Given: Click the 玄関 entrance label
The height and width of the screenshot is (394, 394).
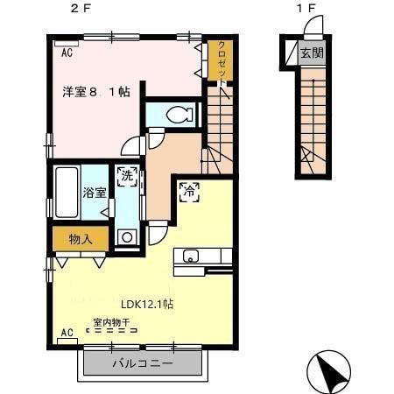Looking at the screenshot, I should pyautogui.click(x=312, y=53).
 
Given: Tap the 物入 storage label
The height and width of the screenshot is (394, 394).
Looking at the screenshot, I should pyautogui.click(x=80, y=237).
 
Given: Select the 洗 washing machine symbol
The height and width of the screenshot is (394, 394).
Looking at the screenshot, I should pyautogui.click(x=128, y=176).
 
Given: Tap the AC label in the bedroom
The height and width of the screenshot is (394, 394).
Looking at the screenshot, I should pyautogui.click(x=67, y=53).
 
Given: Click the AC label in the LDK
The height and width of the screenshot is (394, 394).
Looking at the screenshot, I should pyautogui.click(x=67, y=334).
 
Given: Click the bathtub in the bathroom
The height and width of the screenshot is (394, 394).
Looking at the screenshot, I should pyautogui.click(x=67, y=186).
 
